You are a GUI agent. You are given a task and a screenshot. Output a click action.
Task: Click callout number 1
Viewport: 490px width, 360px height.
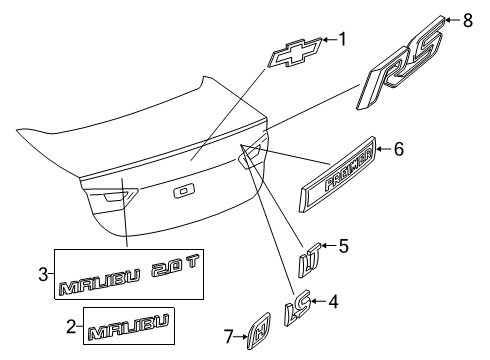tap(341, 40)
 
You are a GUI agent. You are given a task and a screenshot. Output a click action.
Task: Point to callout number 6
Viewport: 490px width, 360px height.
tap(398, 150)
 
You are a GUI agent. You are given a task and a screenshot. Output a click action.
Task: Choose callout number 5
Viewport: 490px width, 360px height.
tap(343, 245)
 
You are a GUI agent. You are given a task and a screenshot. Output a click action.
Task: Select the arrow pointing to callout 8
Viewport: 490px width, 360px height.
tap(455, 18)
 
